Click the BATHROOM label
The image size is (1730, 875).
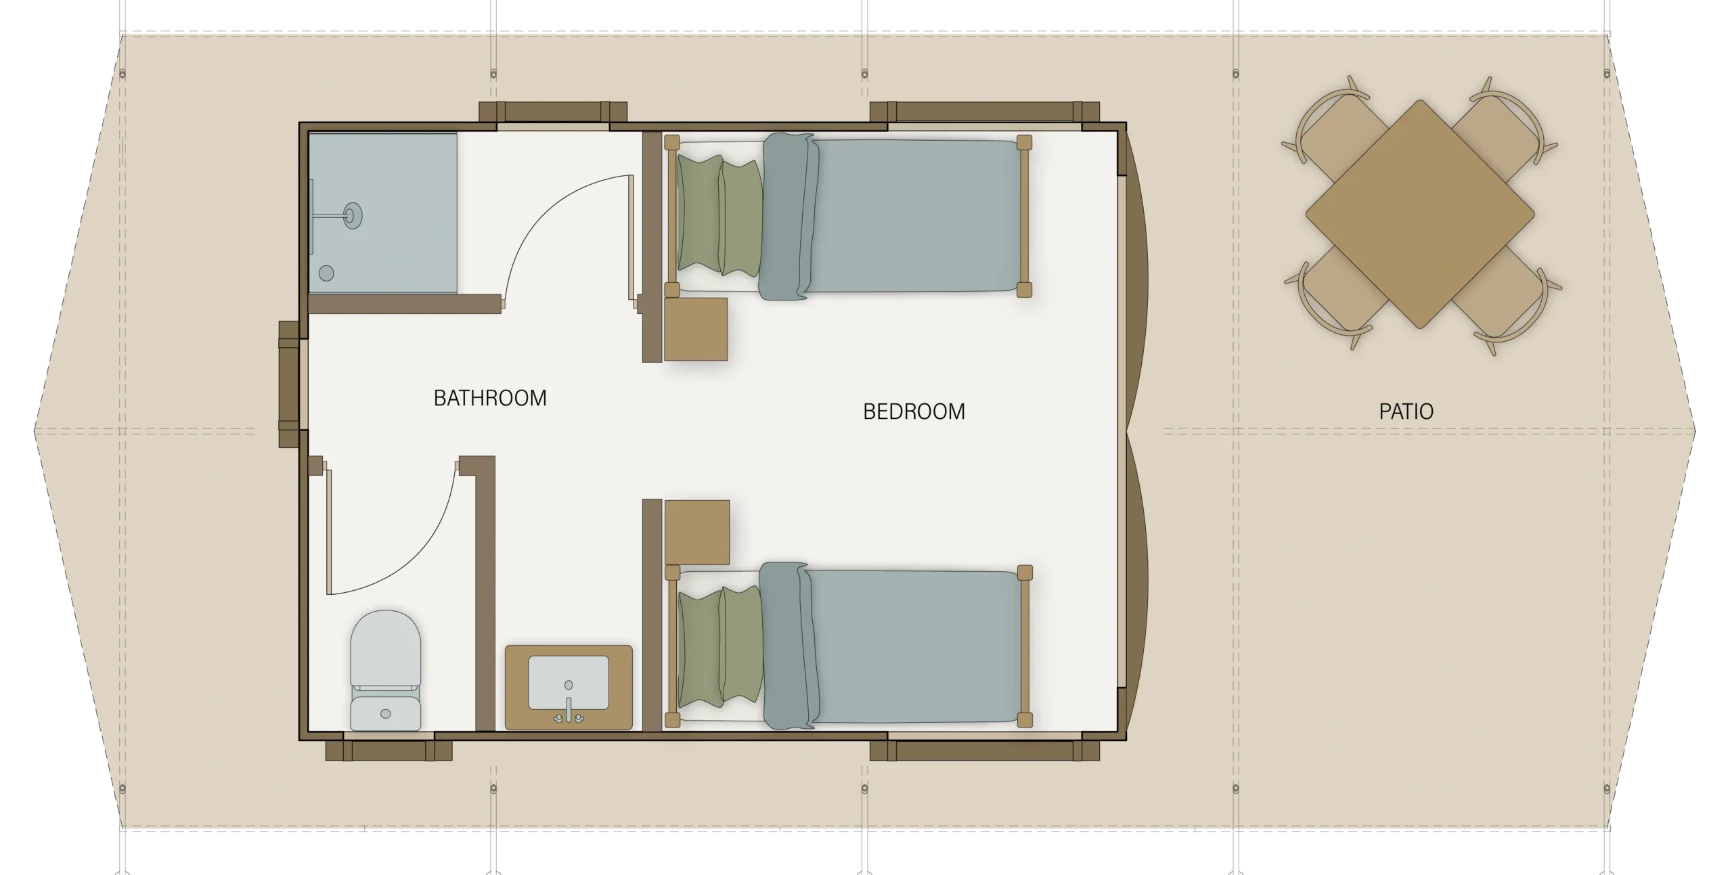tap(490, 398)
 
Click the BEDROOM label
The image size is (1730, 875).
tap(914, 411)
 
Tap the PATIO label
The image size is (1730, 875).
tap(1406, 411)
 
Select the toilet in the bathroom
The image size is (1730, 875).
tap(385, 670)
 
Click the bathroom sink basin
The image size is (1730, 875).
tap(568, 682)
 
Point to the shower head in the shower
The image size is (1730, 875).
tap(352, 215)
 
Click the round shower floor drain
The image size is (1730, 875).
tap(326, 273)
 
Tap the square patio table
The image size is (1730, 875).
tap(1419, 214)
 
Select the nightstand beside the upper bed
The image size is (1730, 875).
tap(695, 329)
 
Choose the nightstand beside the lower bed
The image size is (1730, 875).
tap(696, 532)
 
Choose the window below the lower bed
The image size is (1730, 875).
tap(984, 747)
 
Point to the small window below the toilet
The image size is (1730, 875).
tap(389, 747)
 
